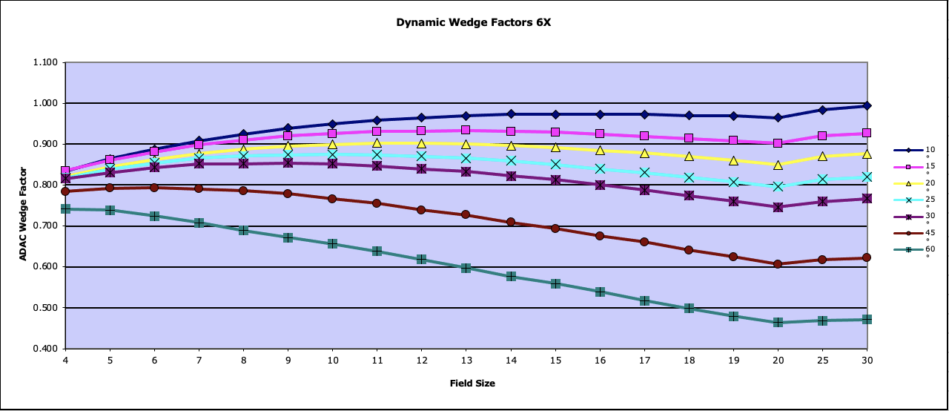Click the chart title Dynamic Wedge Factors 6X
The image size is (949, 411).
(x=474, y=22)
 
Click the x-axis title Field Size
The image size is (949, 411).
(x=472, y=384)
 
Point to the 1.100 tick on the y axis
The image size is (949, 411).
(x=46, y=62)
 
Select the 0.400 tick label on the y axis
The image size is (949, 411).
(x=46, y=349)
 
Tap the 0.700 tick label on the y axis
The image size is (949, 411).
(x=46, y=226)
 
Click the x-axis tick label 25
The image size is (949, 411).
(x=822, y=359)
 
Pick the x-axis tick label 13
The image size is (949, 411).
(x=466, y=359)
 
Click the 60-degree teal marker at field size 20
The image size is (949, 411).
(x=778, y=323)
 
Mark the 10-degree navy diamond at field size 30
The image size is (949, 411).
(x=867, y=106)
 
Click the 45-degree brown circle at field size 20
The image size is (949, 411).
(x=778, y=264)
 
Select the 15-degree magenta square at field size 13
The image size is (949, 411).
(x=466, y=130)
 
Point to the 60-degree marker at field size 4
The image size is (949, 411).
(x=65, y=209)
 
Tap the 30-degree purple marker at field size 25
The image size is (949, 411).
(x=822, y=202)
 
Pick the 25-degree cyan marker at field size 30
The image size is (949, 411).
(x=867, y=177)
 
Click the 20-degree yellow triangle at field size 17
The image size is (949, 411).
(x=644, y=153)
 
